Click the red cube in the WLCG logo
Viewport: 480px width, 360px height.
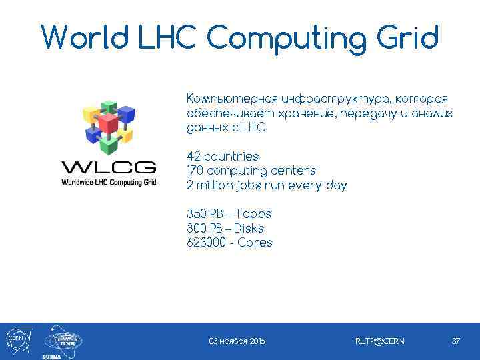pos(107,123)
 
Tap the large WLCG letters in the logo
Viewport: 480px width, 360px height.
pos(109,167)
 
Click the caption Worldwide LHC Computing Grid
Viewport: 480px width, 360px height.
pos(109,182)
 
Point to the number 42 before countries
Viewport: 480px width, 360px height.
pos(194,157)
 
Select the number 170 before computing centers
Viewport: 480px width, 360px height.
pos(196,171)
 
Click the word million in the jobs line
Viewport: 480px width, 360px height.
pos(213,185)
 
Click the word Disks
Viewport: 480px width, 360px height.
pos(249,229)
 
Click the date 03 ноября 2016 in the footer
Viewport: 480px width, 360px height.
pos(237,341)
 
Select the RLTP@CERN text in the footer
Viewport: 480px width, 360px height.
pos(379,341)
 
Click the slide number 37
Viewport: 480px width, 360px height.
pos(456,341)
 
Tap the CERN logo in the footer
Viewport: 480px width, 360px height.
pos(16,340)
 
